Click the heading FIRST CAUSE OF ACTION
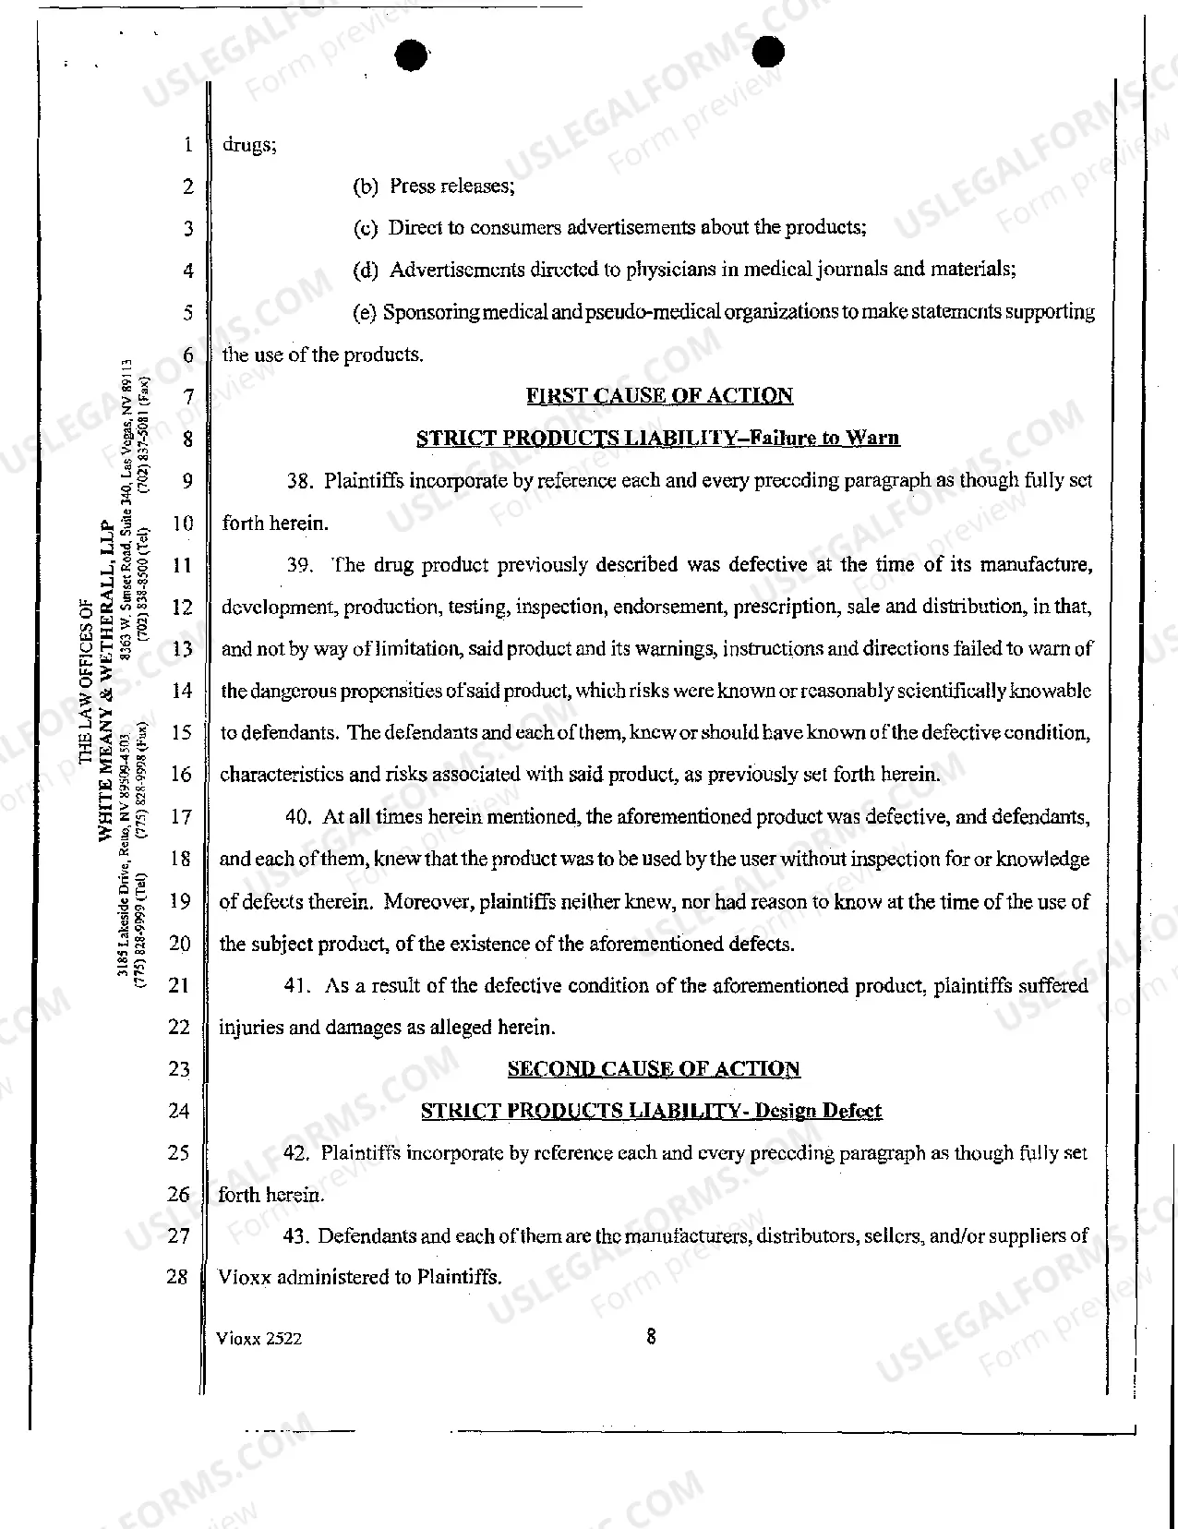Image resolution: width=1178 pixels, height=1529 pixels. (659, 396)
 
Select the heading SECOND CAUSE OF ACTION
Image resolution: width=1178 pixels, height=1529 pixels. (654, 1069)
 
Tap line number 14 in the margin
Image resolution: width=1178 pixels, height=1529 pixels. (182, 691)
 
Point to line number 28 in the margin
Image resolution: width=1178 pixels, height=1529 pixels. (178, 1278)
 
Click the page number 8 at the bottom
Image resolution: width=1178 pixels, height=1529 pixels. (651, 1335)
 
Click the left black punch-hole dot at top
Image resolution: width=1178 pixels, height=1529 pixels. (411, 55)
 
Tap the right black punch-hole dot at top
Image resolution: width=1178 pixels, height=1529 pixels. (767, 52)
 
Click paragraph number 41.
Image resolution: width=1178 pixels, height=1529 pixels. (297, 986)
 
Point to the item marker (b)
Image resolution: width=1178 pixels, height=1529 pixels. (367, 187)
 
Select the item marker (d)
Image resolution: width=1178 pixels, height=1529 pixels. (367, 271)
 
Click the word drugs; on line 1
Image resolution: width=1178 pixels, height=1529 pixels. (249, 145)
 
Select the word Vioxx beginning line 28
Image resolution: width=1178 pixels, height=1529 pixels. (244, 1278)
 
